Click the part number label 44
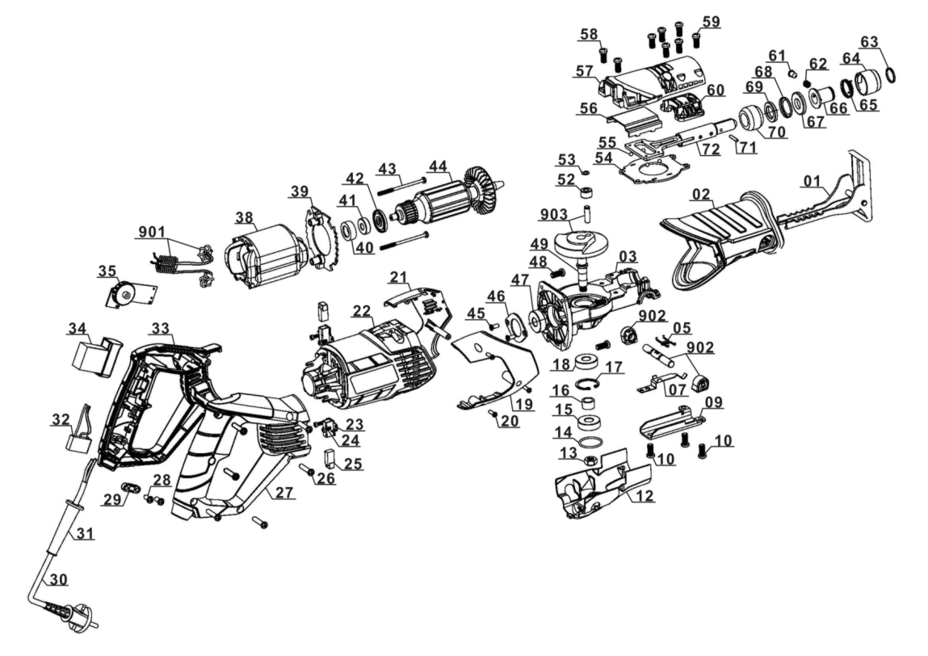pyautogui.click(x=439, y=167)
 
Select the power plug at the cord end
pyautogui.click(x=76, y=613)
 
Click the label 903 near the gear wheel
pyautogui.click(x=555, y=215)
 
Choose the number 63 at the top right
pyautogui.click(x=869, y=41)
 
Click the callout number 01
pyautogui.click(x=813, y=180)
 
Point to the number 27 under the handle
pyautogui.click(x=285, y=493)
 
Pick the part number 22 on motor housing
pyautogui.click(x=362, y=311)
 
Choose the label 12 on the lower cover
pyautogui.click(x=645, y=495)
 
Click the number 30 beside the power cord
pyautogui.click(x=58, y=579)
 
